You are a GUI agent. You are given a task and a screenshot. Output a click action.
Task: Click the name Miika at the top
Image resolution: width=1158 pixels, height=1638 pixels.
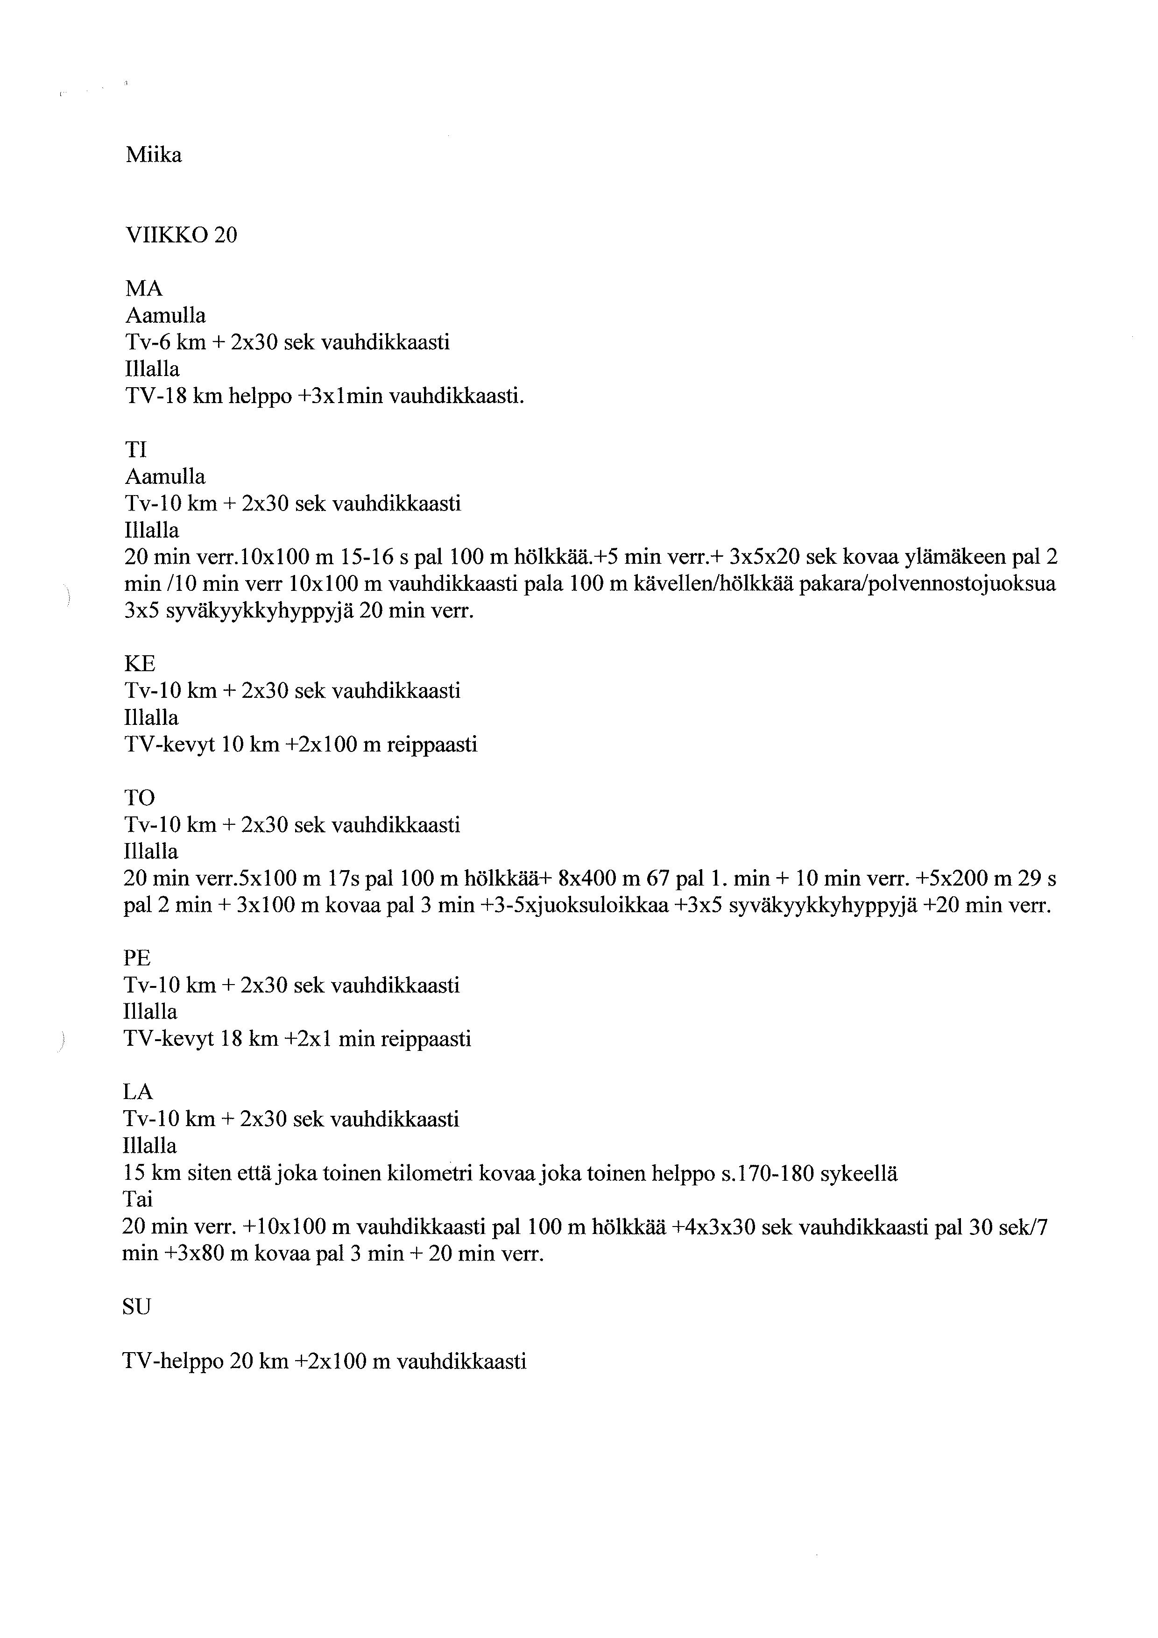[x=153, y=155]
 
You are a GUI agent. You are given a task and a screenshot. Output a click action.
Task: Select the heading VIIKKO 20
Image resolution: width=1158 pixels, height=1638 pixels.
[x=181, y=235]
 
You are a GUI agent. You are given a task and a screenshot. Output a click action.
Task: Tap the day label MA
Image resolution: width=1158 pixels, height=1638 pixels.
[x=144, y=289]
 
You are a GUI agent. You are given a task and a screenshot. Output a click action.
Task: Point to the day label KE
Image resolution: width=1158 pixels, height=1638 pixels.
[x=140, y=664]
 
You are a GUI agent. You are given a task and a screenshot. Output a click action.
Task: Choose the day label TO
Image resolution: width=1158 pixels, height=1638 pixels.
[x=140, y=798]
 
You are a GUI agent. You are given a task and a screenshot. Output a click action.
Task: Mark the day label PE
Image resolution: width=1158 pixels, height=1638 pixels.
[x=138, y=958]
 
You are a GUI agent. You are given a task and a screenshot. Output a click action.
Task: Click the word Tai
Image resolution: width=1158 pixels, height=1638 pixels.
[x=138, y=1199]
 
